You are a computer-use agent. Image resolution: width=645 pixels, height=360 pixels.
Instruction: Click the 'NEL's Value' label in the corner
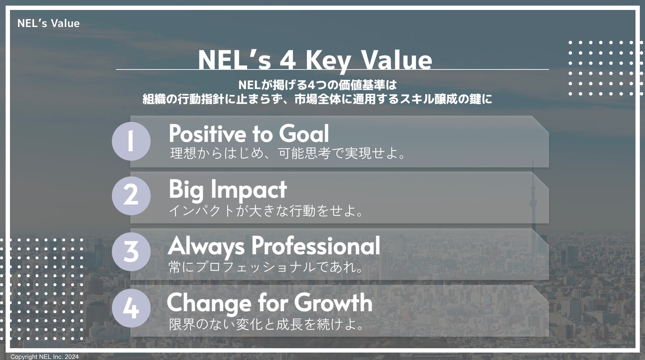click(x=48, y=23)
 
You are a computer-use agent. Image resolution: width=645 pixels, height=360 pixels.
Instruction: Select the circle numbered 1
click(x=131, y=141)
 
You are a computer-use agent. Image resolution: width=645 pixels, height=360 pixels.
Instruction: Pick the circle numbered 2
click(x=131, y=196)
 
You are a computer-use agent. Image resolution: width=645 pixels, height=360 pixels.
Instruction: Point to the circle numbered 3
click(x=131, y=252)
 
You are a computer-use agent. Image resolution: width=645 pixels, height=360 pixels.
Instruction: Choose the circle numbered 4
click(x=131, y=308)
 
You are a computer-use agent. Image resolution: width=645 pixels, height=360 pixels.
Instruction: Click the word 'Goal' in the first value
click(x=304, y=133)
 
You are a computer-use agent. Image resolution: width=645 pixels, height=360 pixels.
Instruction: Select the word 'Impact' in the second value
click(x=249, y=190)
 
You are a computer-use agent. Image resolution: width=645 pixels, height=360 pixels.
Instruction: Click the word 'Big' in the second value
click(x=187, y=190)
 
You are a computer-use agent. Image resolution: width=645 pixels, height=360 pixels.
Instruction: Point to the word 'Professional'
click(x=316, y=246)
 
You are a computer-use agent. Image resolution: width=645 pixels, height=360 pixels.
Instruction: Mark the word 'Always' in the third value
click(x=206, y=247)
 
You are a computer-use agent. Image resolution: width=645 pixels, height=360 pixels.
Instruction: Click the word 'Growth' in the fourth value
click(x=333, y=303)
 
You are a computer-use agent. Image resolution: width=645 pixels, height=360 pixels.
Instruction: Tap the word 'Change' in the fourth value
click(x=209, y=303)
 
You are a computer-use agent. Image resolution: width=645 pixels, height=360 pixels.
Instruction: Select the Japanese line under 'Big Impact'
click(x=266, y=211)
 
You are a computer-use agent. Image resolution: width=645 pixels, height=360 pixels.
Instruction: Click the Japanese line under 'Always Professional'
click(x=266, y=267)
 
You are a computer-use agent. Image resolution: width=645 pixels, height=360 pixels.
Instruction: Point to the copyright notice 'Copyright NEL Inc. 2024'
click(x=44, y=357)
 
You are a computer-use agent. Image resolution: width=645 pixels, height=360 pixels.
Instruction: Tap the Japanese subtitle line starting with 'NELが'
click(x=317, y=85)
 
